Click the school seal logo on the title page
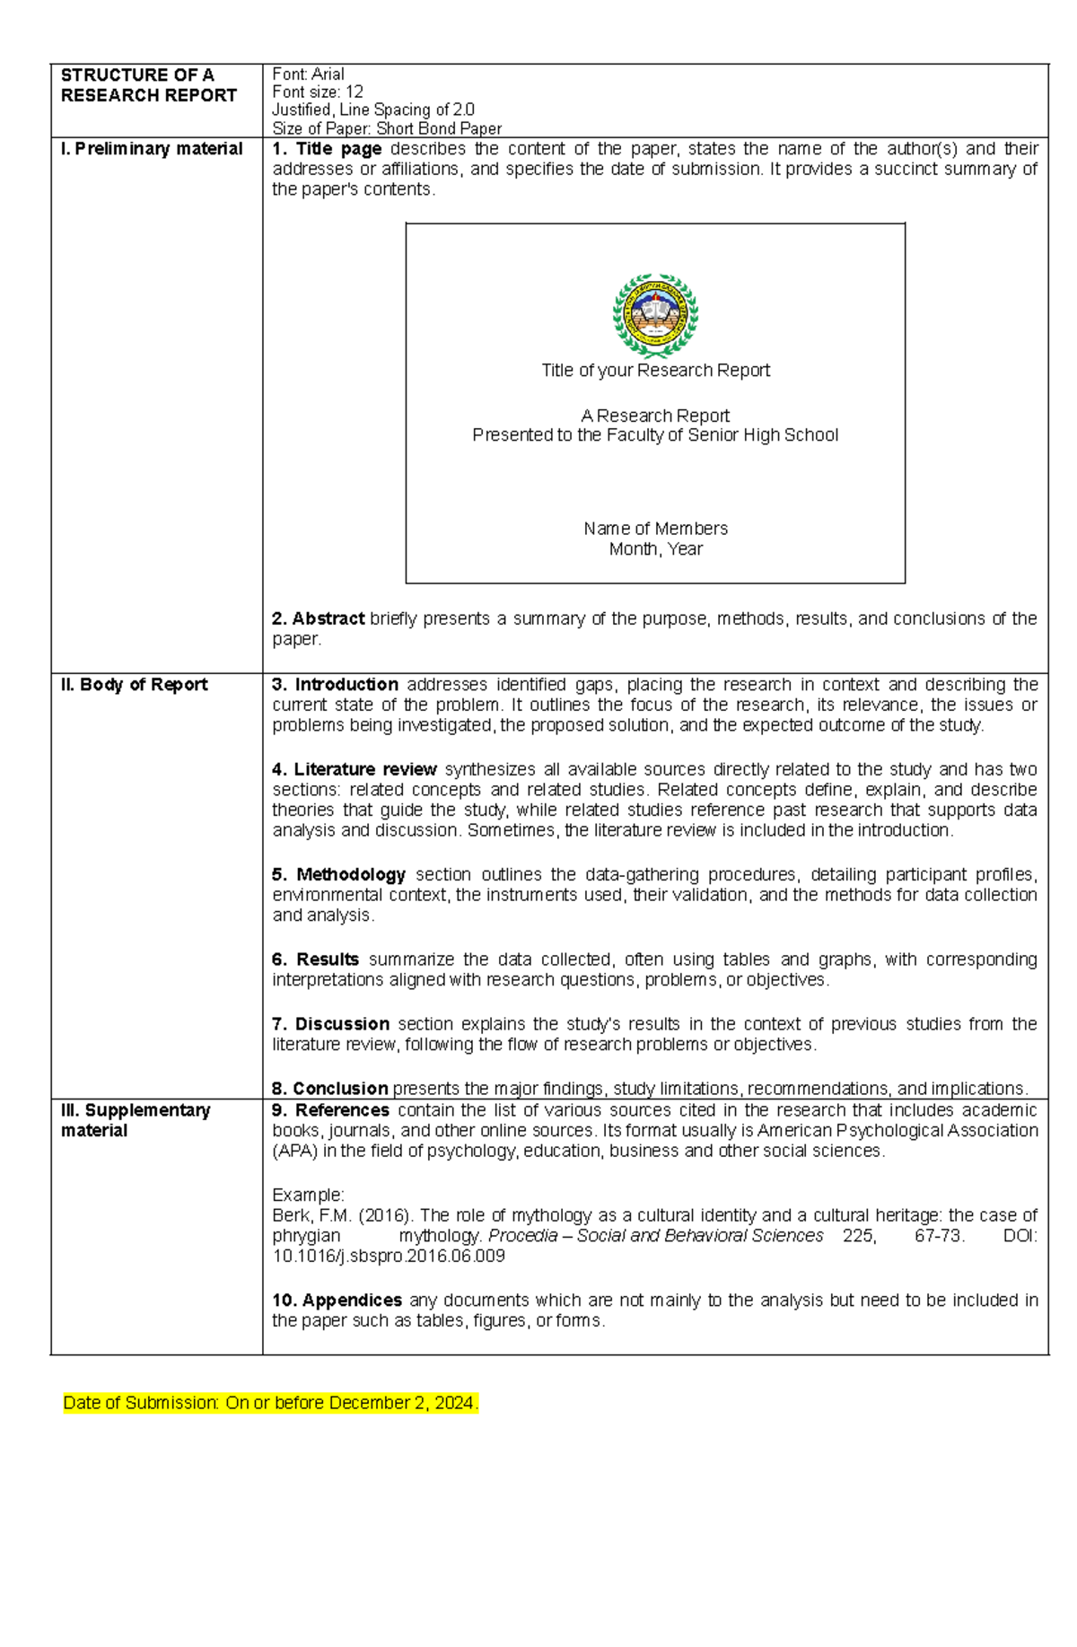[655, 316]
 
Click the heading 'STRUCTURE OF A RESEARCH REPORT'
[148, 85]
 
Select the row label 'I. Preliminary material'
[152, 149]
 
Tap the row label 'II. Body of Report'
[134, 685]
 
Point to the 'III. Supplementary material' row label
[135, 1120]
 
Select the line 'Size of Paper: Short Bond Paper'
[387, 128]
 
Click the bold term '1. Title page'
[327, 149]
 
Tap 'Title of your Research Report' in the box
[655, 371]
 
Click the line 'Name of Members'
[655, 529]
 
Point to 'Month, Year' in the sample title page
[655, 549]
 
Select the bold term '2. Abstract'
[318, 618]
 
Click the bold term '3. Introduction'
[335, 685]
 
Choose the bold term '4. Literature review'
[354, 769]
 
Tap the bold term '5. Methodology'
[338, 874]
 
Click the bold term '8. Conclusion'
[329, 1089]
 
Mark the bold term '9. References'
[330, 1110]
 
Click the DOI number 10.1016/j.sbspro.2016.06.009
[389, 1257]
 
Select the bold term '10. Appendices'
[337, 1301]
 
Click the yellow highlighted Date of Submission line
[270, 1403]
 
